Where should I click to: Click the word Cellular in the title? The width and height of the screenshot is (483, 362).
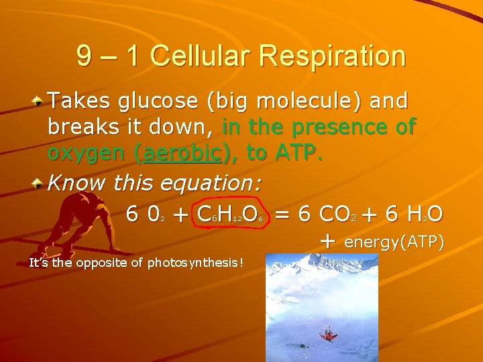[x=201, y=56]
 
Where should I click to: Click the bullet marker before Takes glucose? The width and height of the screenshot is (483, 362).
[x=40, y=102]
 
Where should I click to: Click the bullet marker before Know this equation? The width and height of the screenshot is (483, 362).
[x=40, y=182]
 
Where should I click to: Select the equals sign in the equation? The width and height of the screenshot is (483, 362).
[x=282, y=215]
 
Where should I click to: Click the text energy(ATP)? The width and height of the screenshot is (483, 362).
[x=394, y=241]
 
